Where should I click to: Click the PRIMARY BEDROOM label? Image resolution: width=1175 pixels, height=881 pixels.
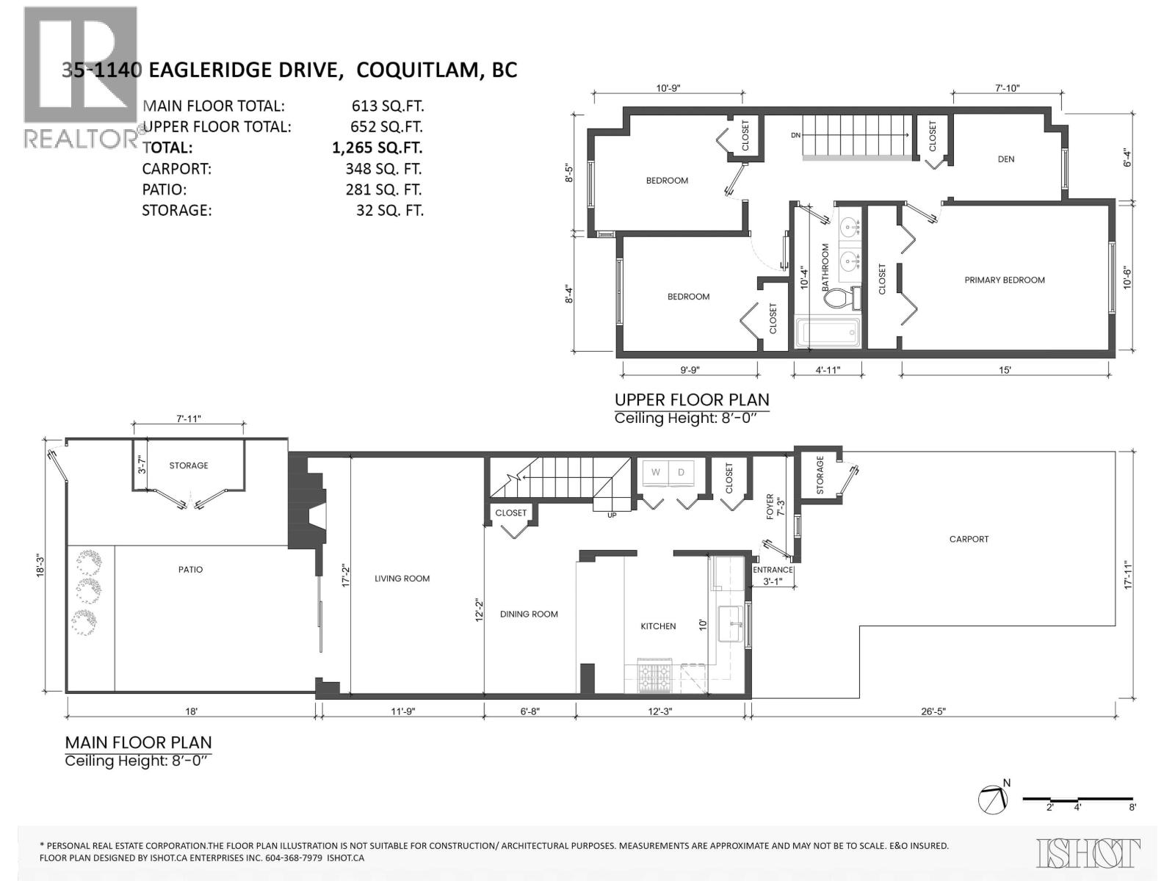(1004, 280)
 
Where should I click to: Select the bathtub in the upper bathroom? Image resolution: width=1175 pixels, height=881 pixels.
(828, 333)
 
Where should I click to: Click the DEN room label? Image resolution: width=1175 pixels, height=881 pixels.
(1005, 159)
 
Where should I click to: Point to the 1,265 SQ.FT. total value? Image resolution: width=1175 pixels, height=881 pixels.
(377, 148)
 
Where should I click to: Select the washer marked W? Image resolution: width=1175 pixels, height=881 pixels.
(655, 473)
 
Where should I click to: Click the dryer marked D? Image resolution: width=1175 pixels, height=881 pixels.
(681, 473)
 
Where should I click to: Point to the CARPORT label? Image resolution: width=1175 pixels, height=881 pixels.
(969, 539)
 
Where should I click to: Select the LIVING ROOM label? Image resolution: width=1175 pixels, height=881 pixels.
(402, 579)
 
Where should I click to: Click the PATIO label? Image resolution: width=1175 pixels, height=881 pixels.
(190, 570)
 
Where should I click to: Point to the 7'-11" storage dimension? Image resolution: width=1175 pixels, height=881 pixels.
(189, 418)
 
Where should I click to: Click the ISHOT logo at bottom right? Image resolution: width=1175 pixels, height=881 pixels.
(1088, 853)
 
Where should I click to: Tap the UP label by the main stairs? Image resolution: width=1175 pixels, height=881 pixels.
(612, 515)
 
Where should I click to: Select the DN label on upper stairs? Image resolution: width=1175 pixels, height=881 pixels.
(795, 136)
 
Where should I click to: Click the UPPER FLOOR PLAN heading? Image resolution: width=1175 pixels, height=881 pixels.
(691, 400)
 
